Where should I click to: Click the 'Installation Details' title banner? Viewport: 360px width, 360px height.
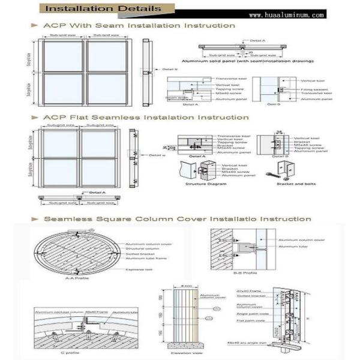(x=103, y=9)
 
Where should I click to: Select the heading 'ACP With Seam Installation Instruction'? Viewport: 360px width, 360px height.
(x=139, y=26)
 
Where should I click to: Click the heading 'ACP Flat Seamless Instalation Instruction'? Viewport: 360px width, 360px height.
(x=138, y=118)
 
